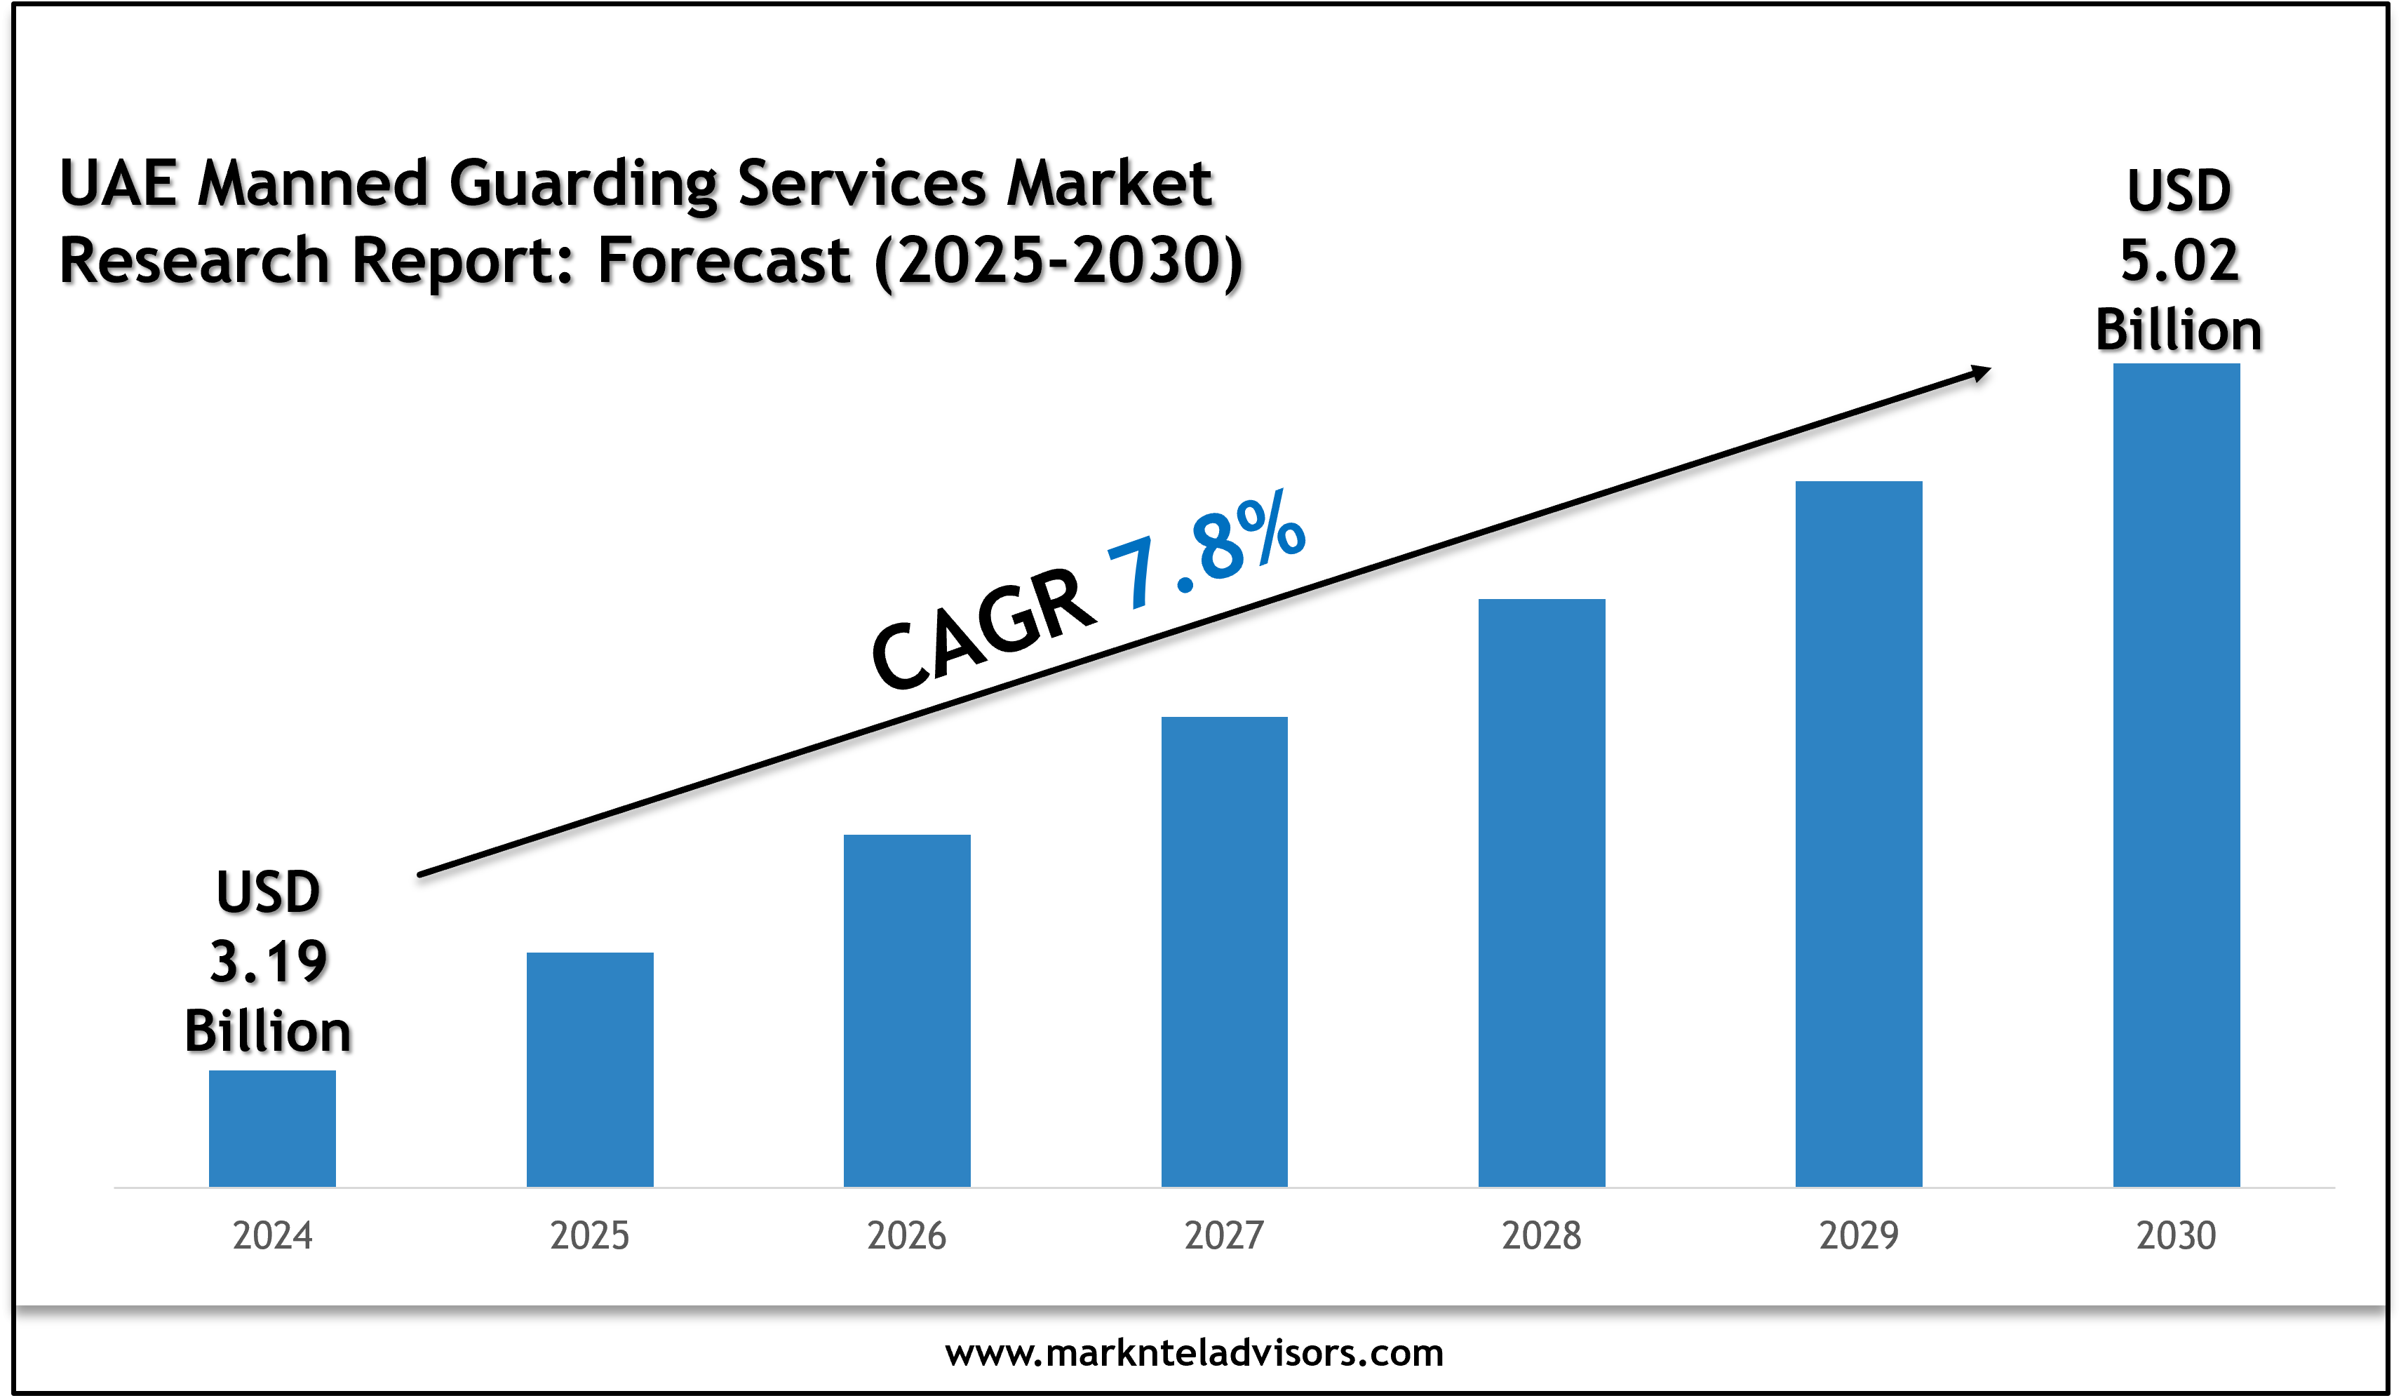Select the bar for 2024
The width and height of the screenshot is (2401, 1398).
tap(271, 1129)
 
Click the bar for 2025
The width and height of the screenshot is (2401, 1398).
tap(590, 1069)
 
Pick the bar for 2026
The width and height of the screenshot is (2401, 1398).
tap(907, 1010)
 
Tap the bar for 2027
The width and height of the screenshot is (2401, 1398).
tap(1224, 951)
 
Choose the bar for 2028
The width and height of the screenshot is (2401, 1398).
tap(1542, 892)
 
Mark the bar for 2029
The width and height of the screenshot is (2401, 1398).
tap(1859, 834)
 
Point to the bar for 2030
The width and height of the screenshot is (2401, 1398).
tap(2176, 775)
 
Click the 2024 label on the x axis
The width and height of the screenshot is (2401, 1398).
tap(272, 1236)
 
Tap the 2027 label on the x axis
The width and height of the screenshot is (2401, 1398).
tap(1224, 1236)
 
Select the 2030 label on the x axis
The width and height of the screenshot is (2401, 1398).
tap(2176, 1236)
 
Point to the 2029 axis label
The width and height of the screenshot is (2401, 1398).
tap(1859, 1236)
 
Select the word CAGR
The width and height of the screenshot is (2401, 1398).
tap(983, 630)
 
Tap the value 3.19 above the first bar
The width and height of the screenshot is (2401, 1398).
tap(269, 962)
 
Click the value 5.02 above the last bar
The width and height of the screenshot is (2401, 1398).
tap(2179, 260)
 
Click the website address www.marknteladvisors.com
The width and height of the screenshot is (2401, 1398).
tap(1194, 1352)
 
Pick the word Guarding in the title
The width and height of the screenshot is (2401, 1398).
tap(583, 184)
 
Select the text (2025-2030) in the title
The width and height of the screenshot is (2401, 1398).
tap(1058, 261)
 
